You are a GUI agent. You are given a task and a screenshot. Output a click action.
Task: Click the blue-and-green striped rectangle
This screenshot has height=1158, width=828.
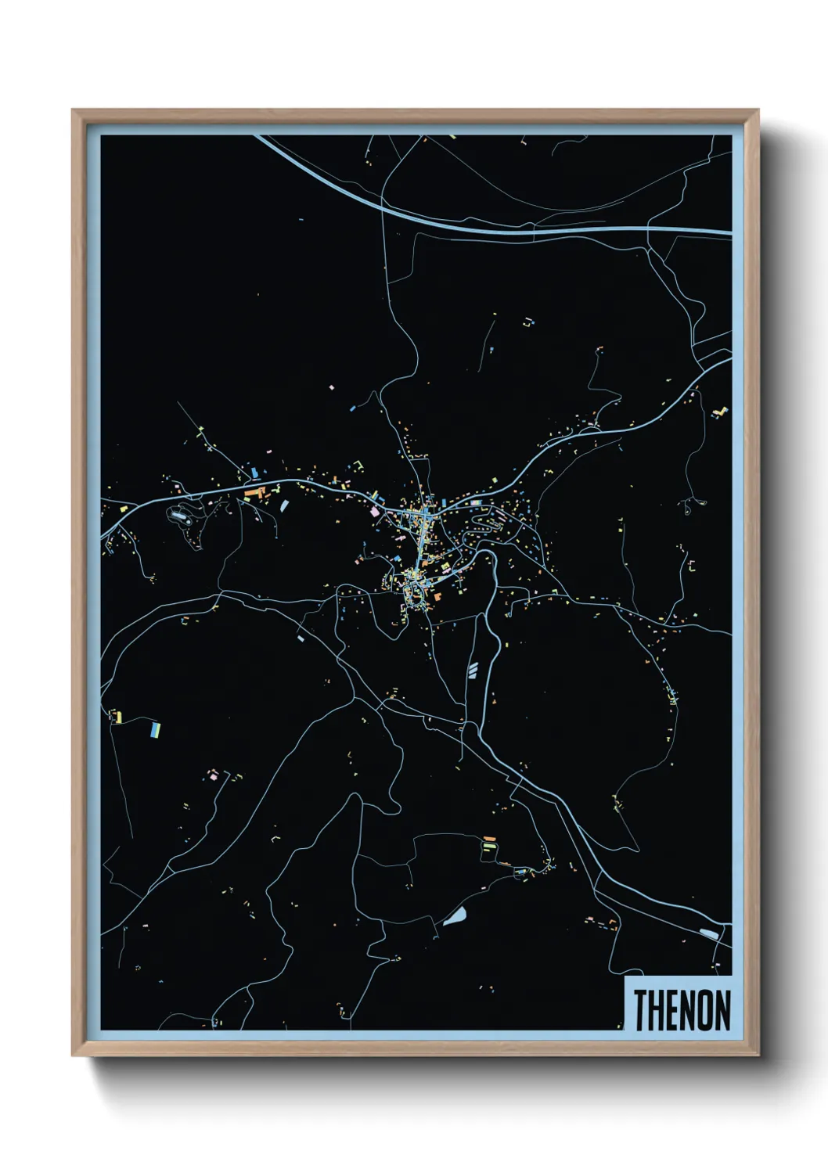156,729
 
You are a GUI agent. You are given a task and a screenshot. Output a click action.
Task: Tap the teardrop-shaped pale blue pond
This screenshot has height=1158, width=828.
455,916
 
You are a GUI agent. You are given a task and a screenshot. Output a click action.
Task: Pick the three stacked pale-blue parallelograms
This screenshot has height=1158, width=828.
472,669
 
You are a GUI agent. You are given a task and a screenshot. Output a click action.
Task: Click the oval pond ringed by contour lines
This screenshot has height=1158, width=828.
181,516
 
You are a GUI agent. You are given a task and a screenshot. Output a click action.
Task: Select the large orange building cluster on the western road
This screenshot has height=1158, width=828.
255,493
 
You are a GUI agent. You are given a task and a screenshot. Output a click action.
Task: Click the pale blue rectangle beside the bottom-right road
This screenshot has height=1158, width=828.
709,933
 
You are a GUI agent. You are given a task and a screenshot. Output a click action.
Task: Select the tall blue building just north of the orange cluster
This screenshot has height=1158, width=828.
255,473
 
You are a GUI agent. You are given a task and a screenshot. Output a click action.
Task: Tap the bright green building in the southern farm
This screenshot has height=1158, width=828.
489,846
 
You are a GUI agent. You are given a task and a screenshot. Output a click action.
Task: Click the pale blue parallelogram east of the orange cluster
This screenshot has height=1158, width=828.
284,505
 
